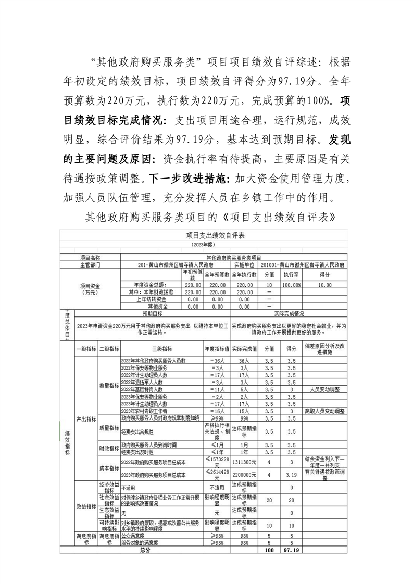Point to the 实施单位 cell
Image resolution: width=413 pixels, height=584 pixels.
[244, 264]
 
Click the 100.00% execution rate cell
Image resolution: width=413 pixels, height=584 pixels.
[292, 285]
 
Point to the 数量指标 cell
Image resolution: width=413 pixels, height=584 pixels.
[109, 386]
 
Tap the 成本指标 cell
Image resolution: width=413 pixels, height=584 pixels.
[109, 468]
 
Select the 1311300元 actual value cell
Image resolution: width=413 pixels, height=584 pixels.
[244, 462]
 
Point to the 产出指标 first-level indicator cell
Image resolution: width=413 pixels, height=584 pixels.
[86, 418]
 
